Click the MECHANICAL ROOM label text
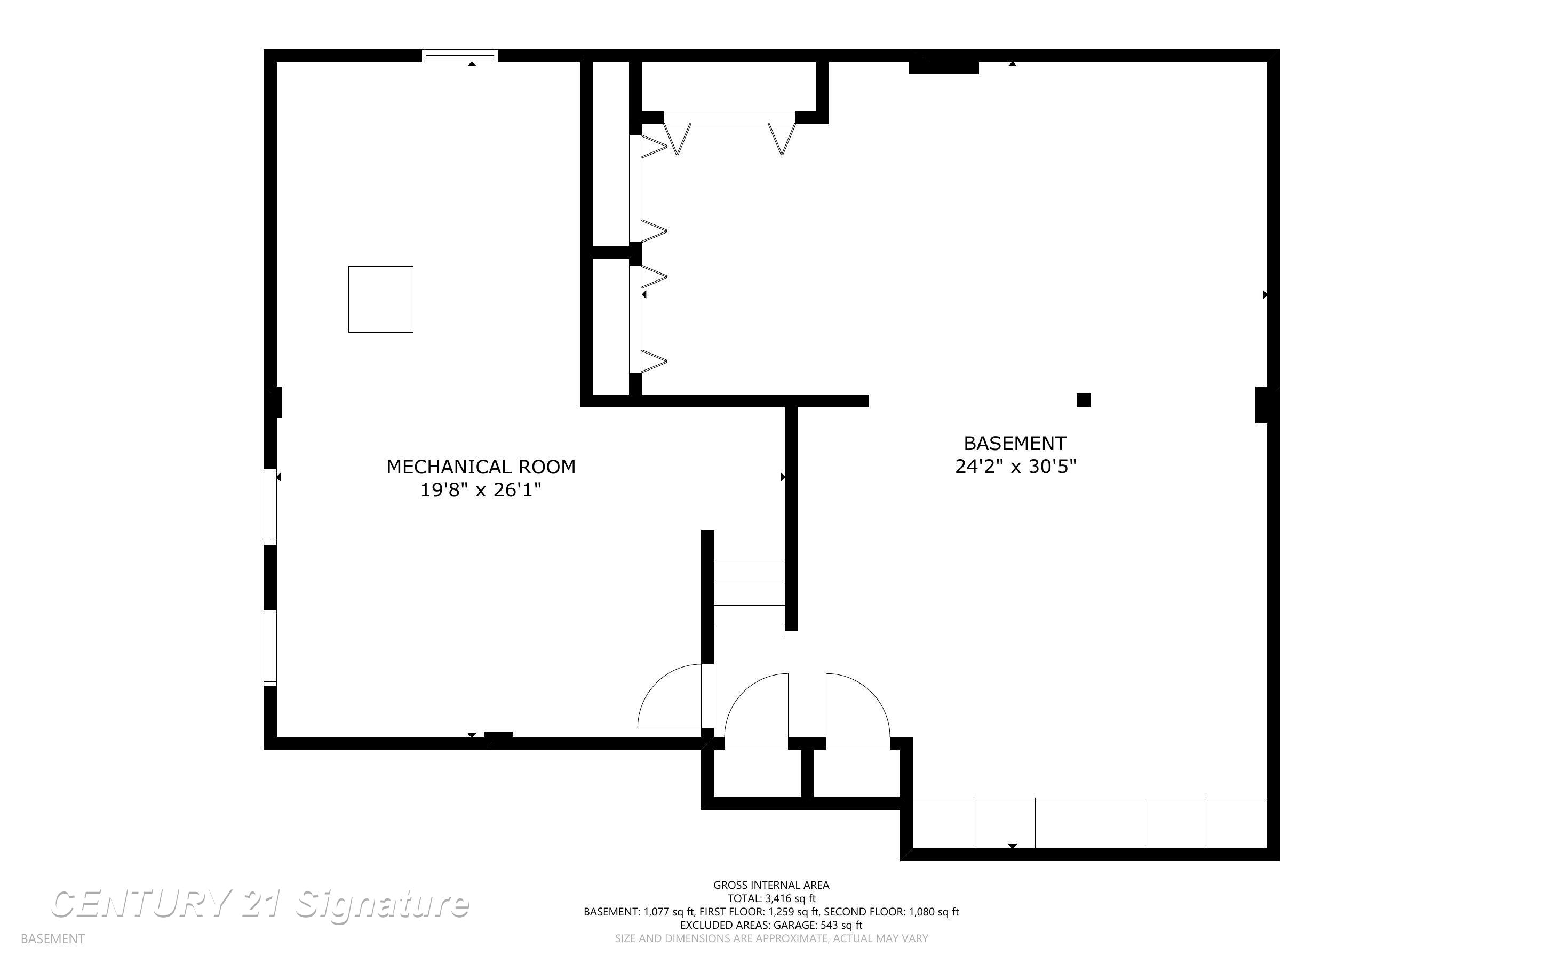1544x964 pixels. pos(481,467)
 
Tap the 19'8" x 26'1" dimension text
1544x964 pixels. pos(481,491)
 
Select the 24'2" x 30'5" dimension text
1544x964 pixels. pos(1015,467)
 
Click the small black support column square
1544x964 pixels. pos(1083,400)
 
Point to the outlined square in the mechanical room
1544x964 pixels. pos(381,299)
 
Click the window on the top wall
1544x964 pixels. pos(460,55)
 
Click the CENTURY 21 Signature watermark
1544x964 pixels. pos(260,905)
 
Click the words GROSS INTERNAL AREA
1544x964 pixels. pos(771,885)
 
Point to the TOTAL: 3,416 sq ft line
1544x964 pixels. pos(771,898)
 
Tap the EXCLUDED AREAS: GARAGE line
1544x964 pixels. pos(771,925)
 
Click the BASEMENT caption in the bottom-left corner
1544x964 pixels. pos(52,938)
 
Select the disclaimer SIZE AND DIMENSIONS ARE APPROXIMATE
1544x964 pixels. pos(771,938)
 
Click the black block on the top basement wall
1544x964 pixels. pos(943,67)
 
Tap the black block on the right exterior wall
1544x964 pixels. pos(1261,405)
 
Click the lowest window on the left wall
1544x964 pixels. pos(270,648)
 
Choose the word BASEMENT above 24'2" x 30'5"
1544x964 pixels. pos(1015,443)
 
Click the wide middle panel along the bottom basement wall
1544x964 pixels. pos(1090,823)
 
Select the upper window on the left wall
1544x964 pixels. pos(270,507)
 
